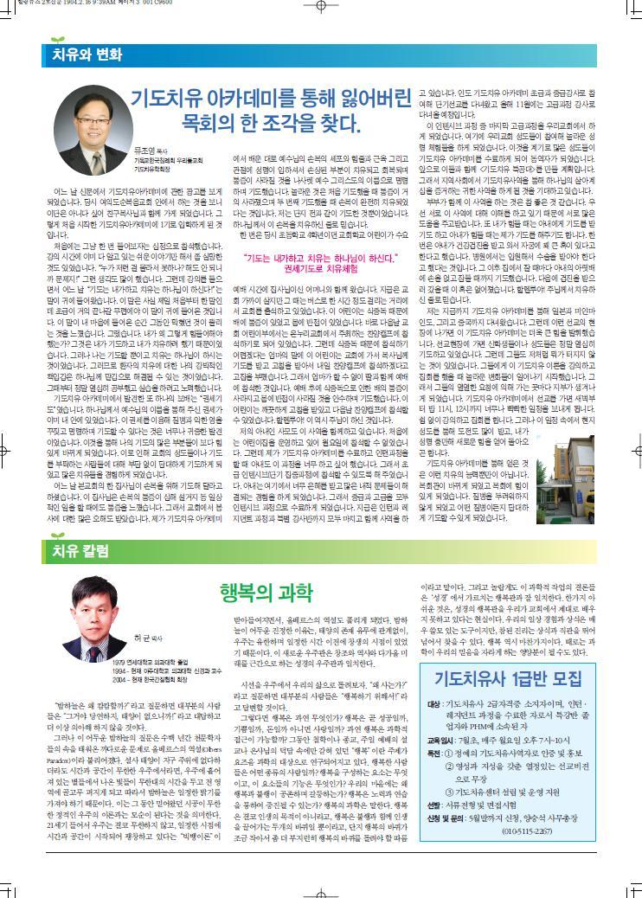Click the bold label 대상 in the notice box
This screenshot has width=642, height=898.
pos(433,705)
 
